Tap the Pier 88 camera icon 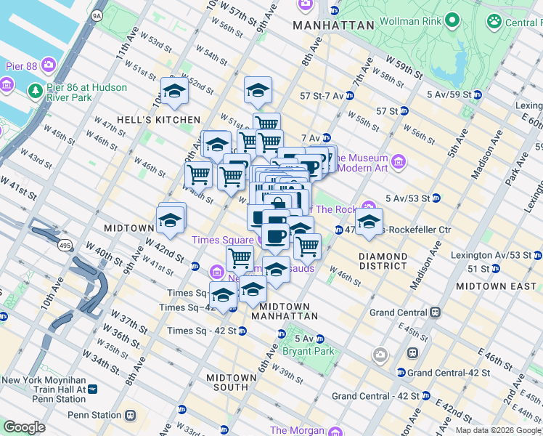tap(49, 65)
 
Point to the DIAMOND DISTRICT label tap(383, 261)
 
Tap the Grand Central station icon tap(435, 312)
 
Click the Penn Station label tap(94, 415)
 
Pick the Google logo tap(24, 427)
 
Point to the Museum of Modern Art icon tap(398, 161)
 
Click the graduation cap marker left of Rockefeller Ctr tap(369, 221)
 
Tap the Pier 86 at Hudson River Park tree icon tap(34, 91)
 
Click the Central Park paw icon tap(495, 21)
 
